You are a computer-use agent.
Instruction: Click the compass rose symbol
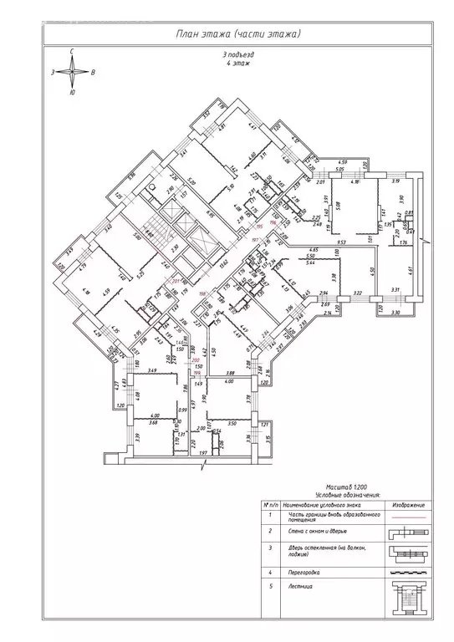pyautogui.click(x=73, y=73)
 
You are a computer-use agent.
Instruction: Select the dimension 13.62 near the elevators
pyautogui.click(x=223, y=262)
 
